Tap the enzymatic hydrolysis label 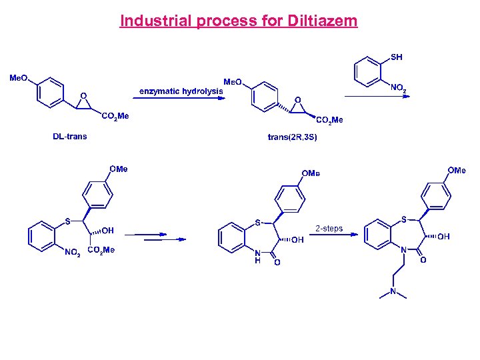(x=181, y=91)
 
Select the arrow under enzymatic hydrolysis (x=179, y=97)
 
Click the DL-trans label (x=70, y=137)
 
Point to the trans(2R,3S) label (x=292, y=137)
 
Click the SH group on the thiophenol (x=396, y=57)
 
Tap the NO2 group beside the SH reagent (x=398, y=88)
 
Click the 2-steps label (x=329, y=229)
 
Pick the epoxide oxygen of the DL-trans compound (x=83, y=95)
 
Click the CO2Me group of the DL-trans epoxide (x=115, y=116)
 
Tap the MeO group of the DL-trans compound (x=18, y=78)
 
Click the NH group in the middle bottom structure (x=257, y=257)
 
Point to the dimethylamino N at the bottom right (x=393, y=291)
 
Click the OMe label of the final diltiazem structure (x=457, y=171)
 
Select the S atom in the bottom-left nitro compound (x=67, y=221)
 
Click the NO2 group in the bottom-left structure (x=73, y=252)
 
